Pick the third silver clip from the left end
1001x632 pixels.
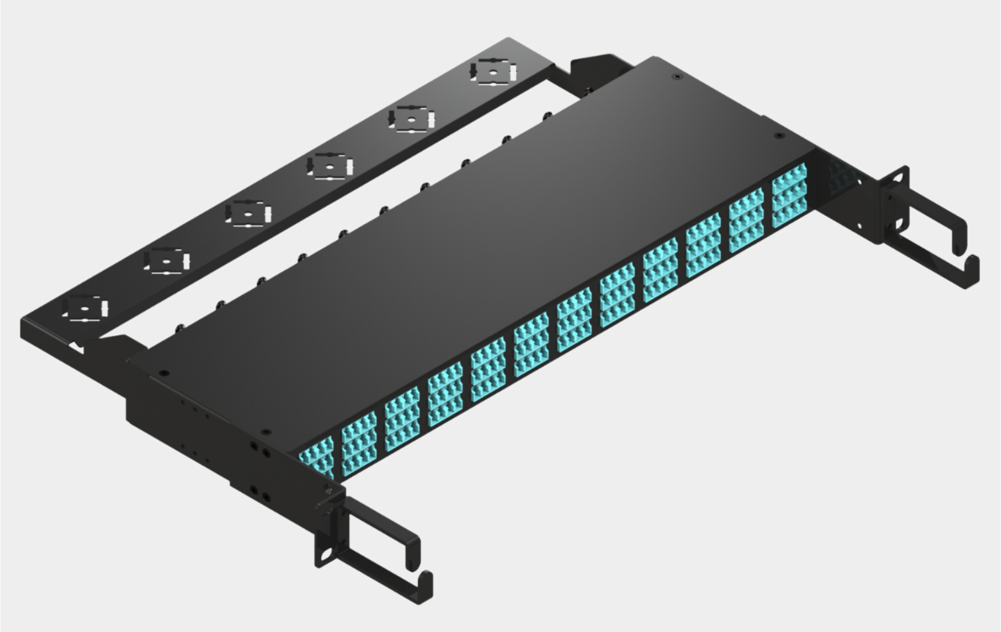(x=248, y=214)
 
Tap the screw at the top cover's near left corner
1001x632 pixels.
(x=164, y=373)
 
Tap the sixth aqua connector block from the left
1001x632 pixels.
(x=531, y=344)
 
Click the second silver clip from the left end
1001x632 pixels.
(x=167, y=261)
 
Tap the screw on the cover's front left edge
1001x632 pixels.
(x=266, y=432)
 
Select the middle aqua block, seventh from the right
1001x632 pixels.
(x=531, y=344)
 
